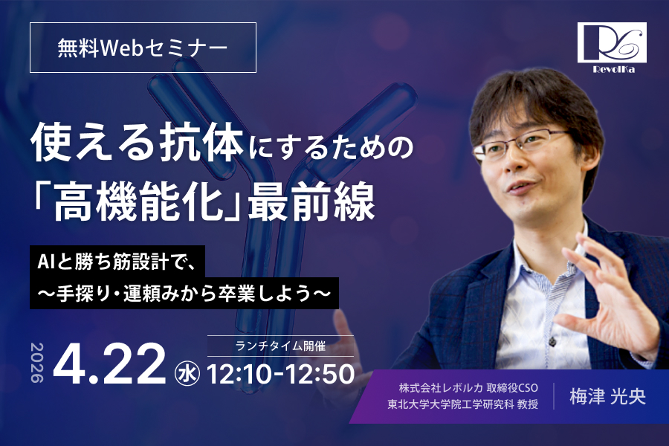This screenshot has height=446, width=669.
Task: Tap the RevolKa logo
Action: pyautogui.click(x=615, y=46)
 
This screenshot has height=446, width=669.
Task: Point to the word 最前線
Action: pyautogui.click(x=332, y=199)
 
